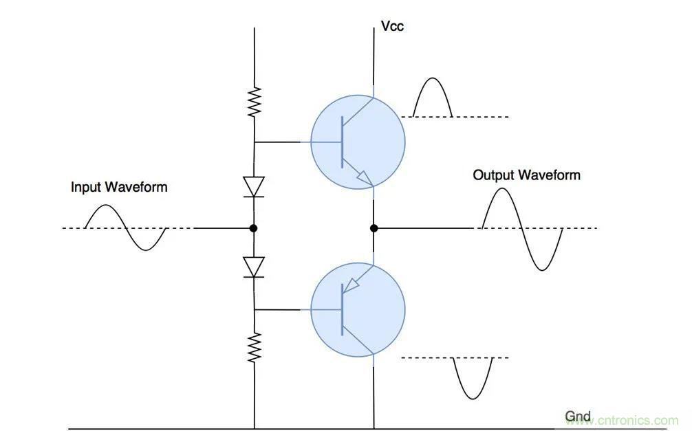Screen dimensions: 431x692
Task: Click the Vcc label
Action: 393,27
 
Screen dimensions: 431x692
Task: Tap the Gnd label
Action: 578,417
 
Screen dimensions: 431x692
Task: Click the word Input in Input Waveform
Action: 87,187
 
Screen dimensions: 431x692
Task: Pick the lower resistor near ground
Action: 255,347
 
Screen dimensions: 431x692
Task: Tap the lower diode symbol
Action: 255,267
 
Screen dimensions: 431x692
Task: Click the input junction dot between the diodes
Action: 254,228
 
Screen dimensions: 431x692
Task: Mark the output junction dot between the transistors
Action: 374,228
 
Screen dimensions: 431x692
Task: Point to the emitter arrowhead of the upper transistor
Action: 365,180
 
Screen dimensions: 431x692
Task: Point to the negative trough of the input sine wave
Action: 145,248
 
